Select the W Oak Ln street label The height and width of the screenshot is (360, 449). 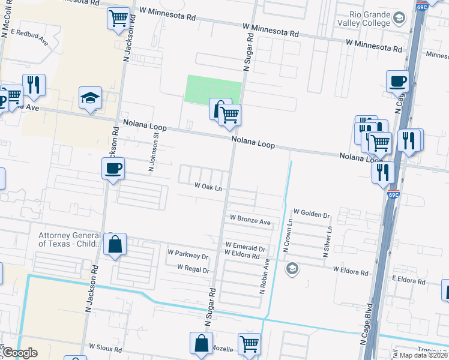click(x=208, y=187)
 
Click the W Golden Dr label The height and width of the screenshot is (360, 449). click(x=312, y=214)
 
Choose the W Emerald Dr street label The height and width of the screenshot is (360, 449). click(x=245, y=247)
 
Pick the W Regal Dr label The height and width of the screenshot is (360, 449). click(x=193, y=269)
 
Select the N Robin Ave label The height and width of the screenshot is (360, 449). click(x=262, y=276)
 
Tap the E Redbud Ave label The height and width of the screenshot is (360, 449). click(x=29, y=37)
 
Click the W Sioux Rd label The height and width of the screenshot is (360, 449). click(x=106, y=347)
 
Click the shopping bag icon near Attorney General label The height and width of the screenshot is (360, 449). click(x=114, y=245)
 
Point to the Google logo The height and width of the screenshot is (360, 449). click(x=19, y=353)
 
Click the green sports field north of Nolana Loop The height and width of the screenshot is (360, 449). click(x=213, y=88)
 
